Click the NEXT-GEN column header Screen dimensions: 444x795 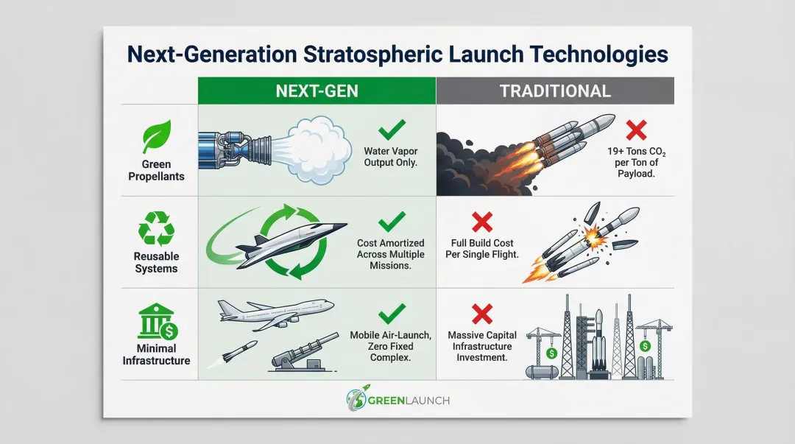click(x=317, y=91)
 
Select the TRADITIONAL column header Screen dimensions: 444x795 click(x=555, y=91)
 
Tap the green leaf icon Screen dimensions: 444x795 click(x=157, y=138)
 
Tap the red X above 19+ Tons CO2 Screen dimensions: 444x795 click(x=635, y=131)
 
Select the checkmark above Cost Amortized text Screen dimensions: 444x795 click(x=392, y=221)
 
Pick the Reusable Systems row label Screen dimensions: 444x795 click(x=156, y=262)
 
